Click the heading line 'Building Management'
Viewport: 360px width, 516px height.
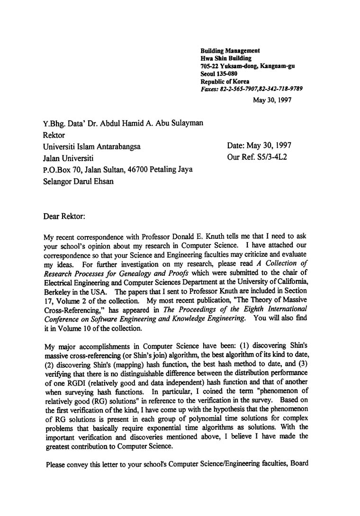(230, 51)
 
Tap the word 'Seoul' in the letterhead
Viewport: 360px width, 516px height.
(209, 73)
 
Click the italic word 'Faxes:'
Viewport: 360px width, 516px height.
(210, 89)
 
